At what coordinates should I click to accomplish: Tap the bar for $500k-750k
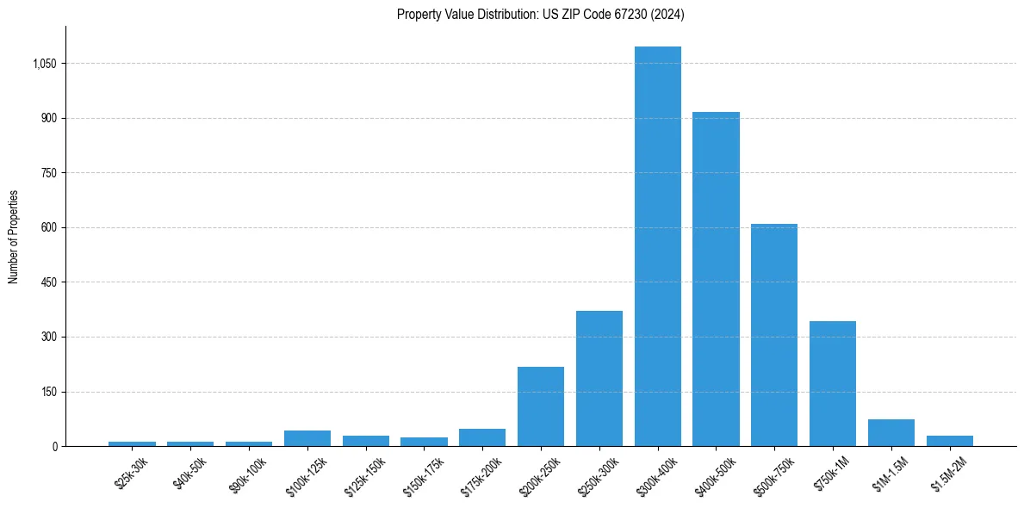(x=774, y=335)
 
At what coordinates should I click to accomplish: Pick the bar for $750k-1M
(x=833, y=383)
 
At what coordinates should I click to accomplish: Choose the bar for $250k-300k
(x=599, y=379)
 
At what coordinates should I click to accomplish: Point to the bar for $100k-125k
(x=307, y=438)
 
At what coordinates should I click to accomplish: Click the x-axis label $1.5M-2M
(x=949, y=472)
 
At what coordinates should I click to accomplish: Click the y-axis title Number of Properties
(x=14, y=237)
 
